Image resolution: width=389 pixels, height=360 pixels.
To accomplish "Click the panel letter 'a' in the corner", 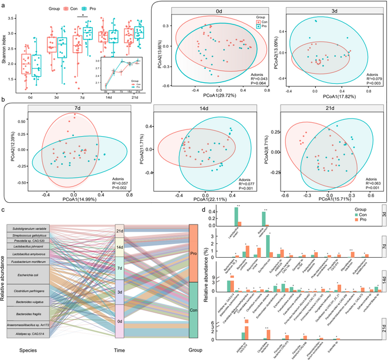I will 3,5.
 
